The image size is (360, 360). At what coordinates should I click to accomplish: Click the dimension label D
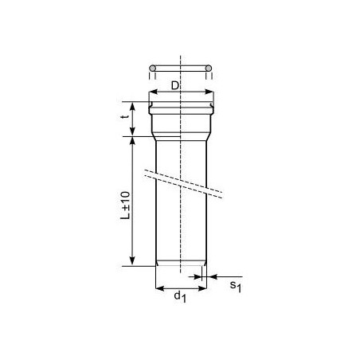point(174,85)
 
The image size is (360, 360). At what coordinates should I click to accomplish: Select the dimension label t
point(126,116)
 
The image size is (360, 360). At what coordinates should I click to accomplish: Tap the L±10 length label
point(125,205)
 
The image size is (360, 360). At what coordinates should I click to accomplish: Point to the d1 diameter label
point(180,297)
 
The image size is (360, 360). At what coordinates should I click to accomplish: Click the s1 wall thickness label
point(236,287)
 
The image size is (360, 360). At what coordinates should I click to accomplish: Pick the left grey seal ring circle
point(152,68)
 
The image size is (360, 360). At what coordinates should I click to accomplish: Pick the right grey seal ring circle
point(209,68)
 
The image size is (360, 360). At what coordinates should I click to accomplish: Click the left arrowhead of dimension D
point(153,92)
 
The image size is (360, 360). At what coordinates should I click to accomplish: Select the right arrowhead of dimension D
point(209,92)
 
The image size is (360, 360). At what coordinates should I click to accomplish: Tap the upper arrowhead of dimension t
point(132,106)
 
